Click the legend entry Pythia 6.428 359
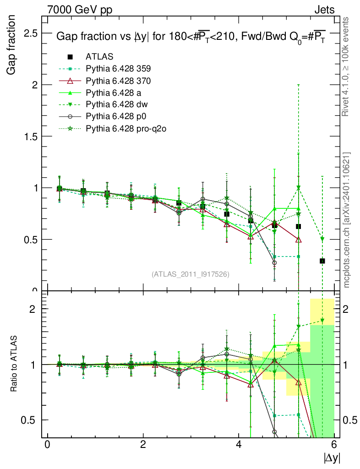(118, 69)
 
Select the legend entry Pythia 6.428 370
(118, 81)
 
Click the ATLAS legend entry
(99, 57)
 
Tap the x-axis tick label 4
(239, 444)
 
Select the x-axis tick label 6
(334, 444)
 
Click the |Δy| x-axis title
(332, 457)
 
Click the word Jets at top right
(324, 10)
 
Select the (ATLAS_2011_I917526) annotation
(190, 274)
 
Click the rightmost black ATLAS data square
(322, 261)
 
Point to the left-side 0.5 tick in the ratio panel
(32, 420)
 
